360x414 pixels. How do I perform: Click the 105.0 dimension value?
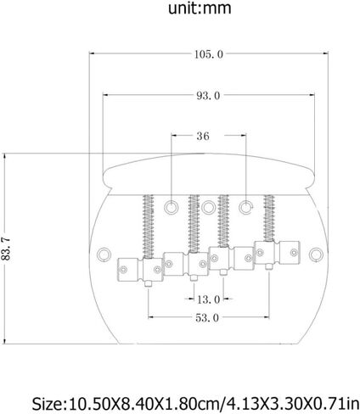[209, 54]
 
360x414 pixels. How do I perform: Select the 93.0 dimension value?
[208, 96]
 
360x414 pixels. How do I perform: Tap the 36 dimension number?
[203, 136]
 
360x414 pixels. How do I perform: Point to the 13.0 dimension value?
[208, 299]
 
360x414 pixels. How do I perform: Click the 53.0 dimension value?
[207, 318]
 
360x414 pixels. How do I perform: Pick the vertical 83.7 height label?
[6, 249]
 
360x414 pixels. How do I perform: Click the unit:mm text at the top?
[200, 8]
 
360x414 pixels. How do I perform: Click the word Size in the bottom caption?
[48, 404]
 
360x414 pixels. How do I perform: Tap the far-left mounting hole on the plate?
[104, 255]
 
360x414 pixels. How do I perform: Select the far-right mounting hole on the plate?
[316, 255]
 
